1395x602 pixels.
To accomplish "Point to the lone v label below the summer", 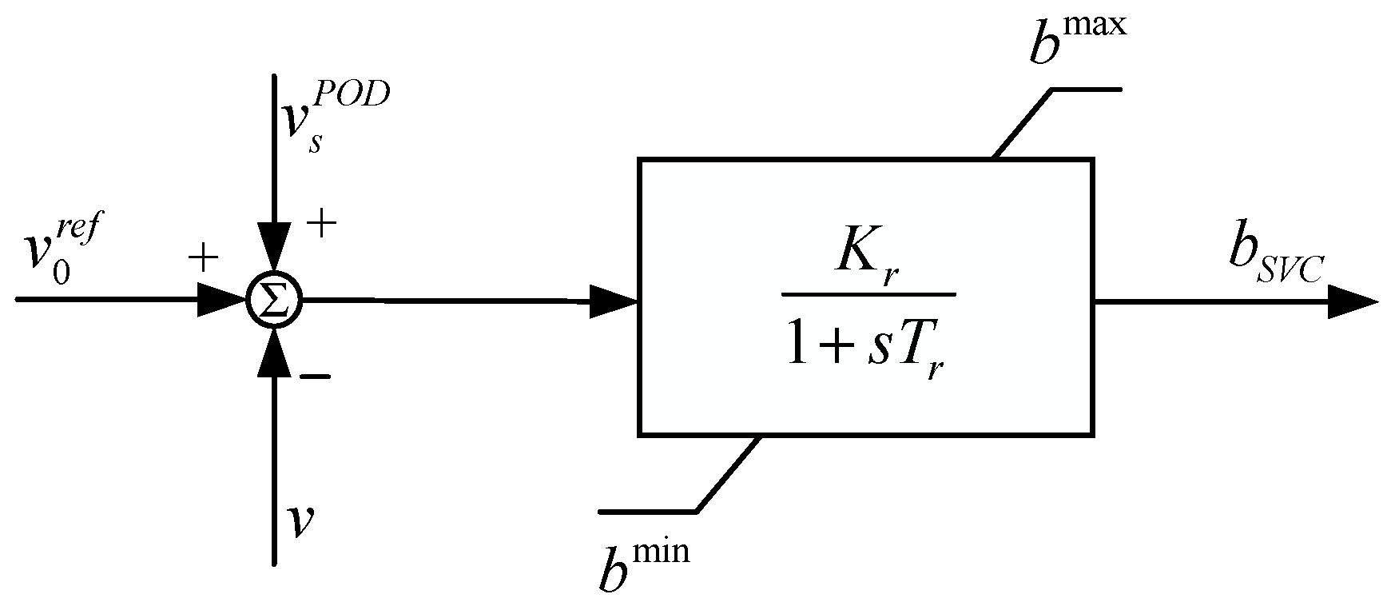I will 301,520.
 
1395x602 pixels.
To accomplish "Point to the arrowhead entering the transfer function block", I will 614,302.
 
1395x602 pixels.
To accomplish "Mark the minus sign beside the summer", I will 315,377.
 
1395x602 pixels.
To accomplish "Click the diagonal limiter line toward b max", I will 1023,123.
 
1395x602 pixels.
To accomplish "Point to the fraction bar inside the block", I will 868,294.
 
